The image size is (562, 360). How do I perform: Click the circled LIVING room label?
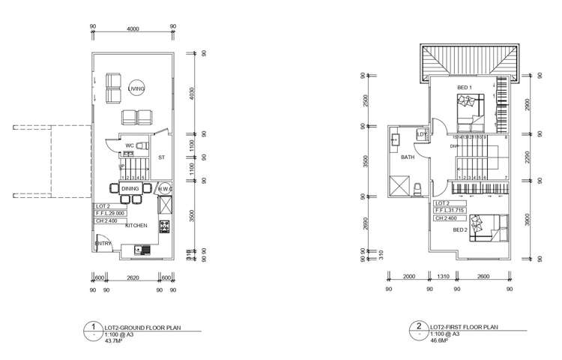pos(136,88)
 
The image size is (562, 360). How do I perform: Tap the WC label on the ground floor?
pos(130,145)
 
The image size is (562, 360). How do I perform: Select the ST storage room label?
pos(161,157)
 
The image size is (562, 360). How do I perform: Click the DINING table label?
pos(130,189)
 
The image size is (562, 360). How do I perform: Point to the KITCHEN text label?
pos(136,225)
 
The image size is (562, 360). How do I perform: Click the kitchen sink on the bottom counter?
pos(138,250)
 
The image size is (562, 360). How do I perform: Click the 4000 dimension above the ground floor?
pos(133,29)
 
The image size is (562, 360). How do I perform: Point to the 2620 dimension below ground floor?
pos(133,277)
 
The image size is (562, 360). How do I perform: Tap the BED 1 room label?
pos(465,88)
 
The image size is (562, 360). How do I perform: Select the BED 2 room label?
pos(461,230)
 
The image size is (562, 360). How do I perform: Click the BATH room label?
pos(408,157)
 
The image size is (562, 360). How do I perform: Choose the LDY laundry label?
pos(422,135)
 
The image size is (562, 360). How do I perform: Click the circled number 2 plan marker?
pos(417,327)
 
